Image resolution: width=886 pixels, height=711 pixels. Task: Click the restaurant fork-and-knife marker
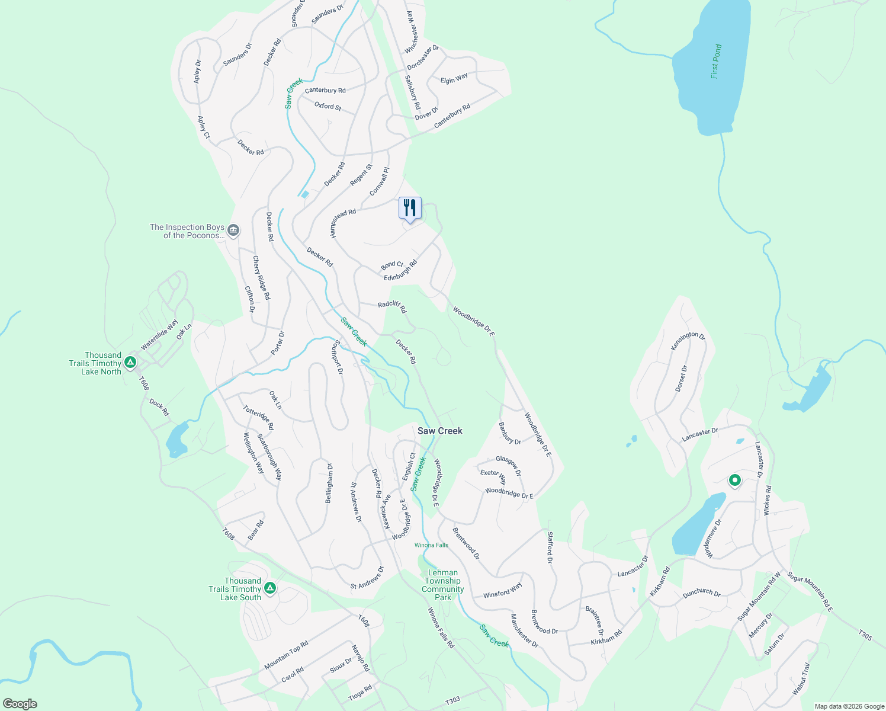tap(410, 209)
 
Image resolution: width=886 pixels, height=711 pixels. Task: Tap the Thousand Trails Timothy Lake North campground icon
tap(130, 362)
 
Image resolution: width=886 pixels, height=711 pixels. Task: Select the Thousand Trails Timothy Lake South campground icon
tap(270, 588)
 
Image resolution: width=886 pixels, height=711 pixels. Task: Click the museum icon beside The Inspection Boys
tap(233, 230)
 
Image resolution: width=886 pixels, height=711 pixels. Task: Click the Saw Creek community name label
tap(439, 431)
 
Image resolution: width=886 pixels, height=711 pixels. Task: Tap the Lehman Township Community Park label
tap(442, 585)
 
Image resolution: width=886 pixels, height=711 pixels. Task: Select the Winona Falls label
tap(431, 545)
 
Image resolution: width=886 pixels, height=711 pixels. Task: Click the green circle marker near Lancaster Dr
tap(734, 480)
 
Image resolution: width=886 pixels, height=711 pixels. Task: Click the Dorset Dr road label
tap(682, 379)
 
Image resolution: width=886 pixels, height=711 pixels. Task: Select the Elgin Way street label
tap(454, 78)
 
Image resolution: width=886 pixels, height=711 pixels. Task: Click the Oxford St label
tap(328, 106)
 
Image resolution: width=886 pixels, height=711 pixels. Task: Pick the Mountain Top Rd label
tap(286, 655)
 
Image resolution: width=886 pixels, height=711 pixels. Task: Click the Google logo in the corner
tap(20, 703)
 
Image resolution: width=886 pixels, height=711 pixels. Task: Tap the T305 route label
tap(865, 635)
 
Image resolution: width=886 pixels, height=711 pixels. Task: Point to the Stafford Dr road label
tap(550, 547)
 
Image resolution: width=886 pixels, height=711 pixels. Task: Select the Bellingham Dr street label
tap(329, 483)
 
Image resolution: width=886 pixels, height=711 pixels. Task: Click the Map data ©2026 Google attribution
tap(849, 706)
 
